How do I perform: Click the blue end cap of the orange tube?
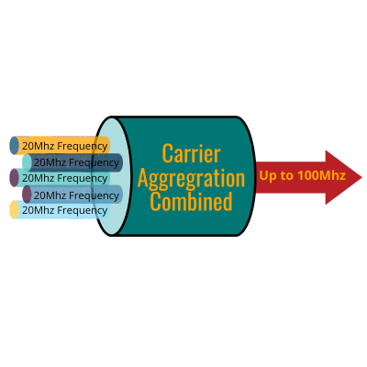pyautogui.click(x=15, y=146)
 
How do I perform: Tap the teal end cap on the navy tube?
pyautogui.click(x=27, y=162)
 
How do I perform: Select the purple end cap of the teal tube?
pyautogui.click(x=15, y=178)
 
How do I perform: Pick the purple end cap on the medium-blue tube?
pyautogui.click(x=27, y=195)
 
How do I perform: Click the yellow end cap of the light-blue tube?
pyautogui.click(x=15, y=210)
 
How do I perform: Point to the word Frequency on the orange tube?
pyautogui.click(x=83, y=147)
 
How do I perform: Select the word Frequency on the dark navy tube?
pyautogui.click(x=94, y=163)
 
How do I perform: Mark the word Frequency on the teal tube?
pyautogui.click(x=83, y=179)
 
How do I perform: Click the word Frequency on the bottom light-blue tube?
pyautogui.click(x=83, y=211)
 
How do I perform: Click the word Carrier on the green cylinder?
pyautogui.click(x=192, y=153)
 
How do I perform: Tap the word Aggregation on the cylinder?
pyautogui.click(x=192, y=179)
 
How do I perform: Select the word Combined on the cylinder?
pyautogui.click(x=192, y=201)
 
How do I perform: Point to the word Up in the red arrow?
pyautogui.click(x=268, y=176)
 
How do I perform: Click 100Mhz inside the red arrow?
pyautogui.click(x=322, y=175)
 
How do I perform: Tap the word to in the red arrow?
pyautogui.click(x=287, y=176)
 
